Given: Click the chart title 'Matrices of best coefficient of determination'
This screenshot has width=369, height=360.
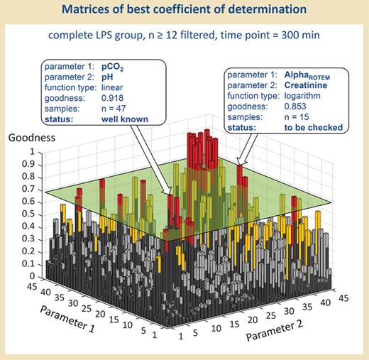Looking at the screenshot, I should [x=184, y=12].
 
